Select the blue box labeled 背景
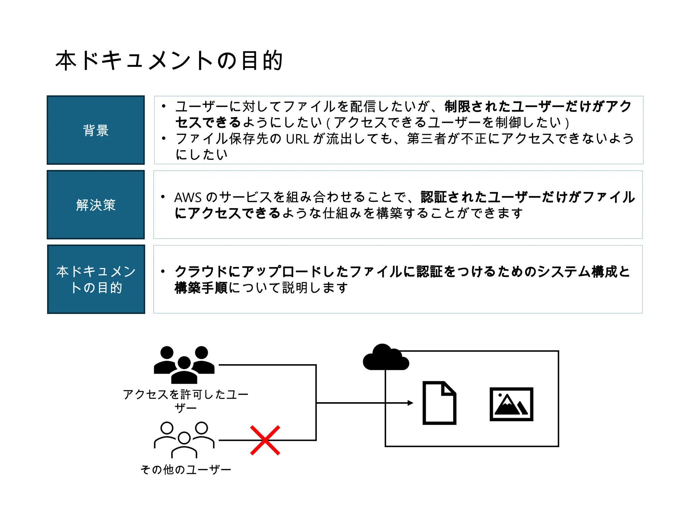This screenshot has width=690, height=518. [96, 130]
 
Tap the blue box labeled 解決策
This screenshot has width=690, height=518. [96, 205]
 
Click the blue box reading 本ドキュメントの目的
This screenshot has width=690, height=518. [96, 279]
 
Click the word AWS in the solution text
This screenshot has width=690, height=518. [188, 197]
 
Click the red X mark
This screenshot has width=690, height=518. [265, 440]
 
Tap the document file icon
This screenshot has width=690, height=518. [439, 403]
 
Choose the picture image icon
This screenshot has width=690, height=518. [511, 404]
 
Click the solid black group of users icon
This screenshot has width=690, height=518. [184, 365]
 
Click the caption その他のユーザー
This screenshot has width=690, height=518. [186, 469]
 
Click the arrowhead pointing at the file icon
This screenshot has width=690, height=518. [410, 403]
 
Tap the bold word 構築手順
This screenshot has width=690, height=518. [201, 288]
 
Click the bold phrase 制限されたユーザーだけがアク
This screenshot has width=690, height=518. [538, 107]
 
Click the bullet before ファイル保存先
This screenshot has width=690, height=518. [164, 138]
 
